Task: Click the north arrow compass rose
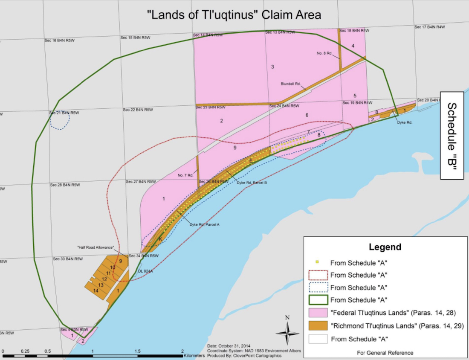(287, 331)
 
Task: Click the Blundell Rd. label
(290, 84)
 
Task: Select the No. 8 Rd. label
(324, 53)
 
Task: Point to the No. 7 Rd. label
(185, 175)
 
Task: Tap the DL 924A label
(146, 271)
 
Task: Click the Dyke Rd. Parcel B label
(252, 183)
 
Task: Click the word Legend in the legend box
(385, 247)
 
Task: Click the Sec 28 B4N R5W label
(65, 185)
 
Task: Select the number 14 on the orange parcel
(96, 290)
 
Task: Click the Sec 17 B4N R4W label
(429, 27)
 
